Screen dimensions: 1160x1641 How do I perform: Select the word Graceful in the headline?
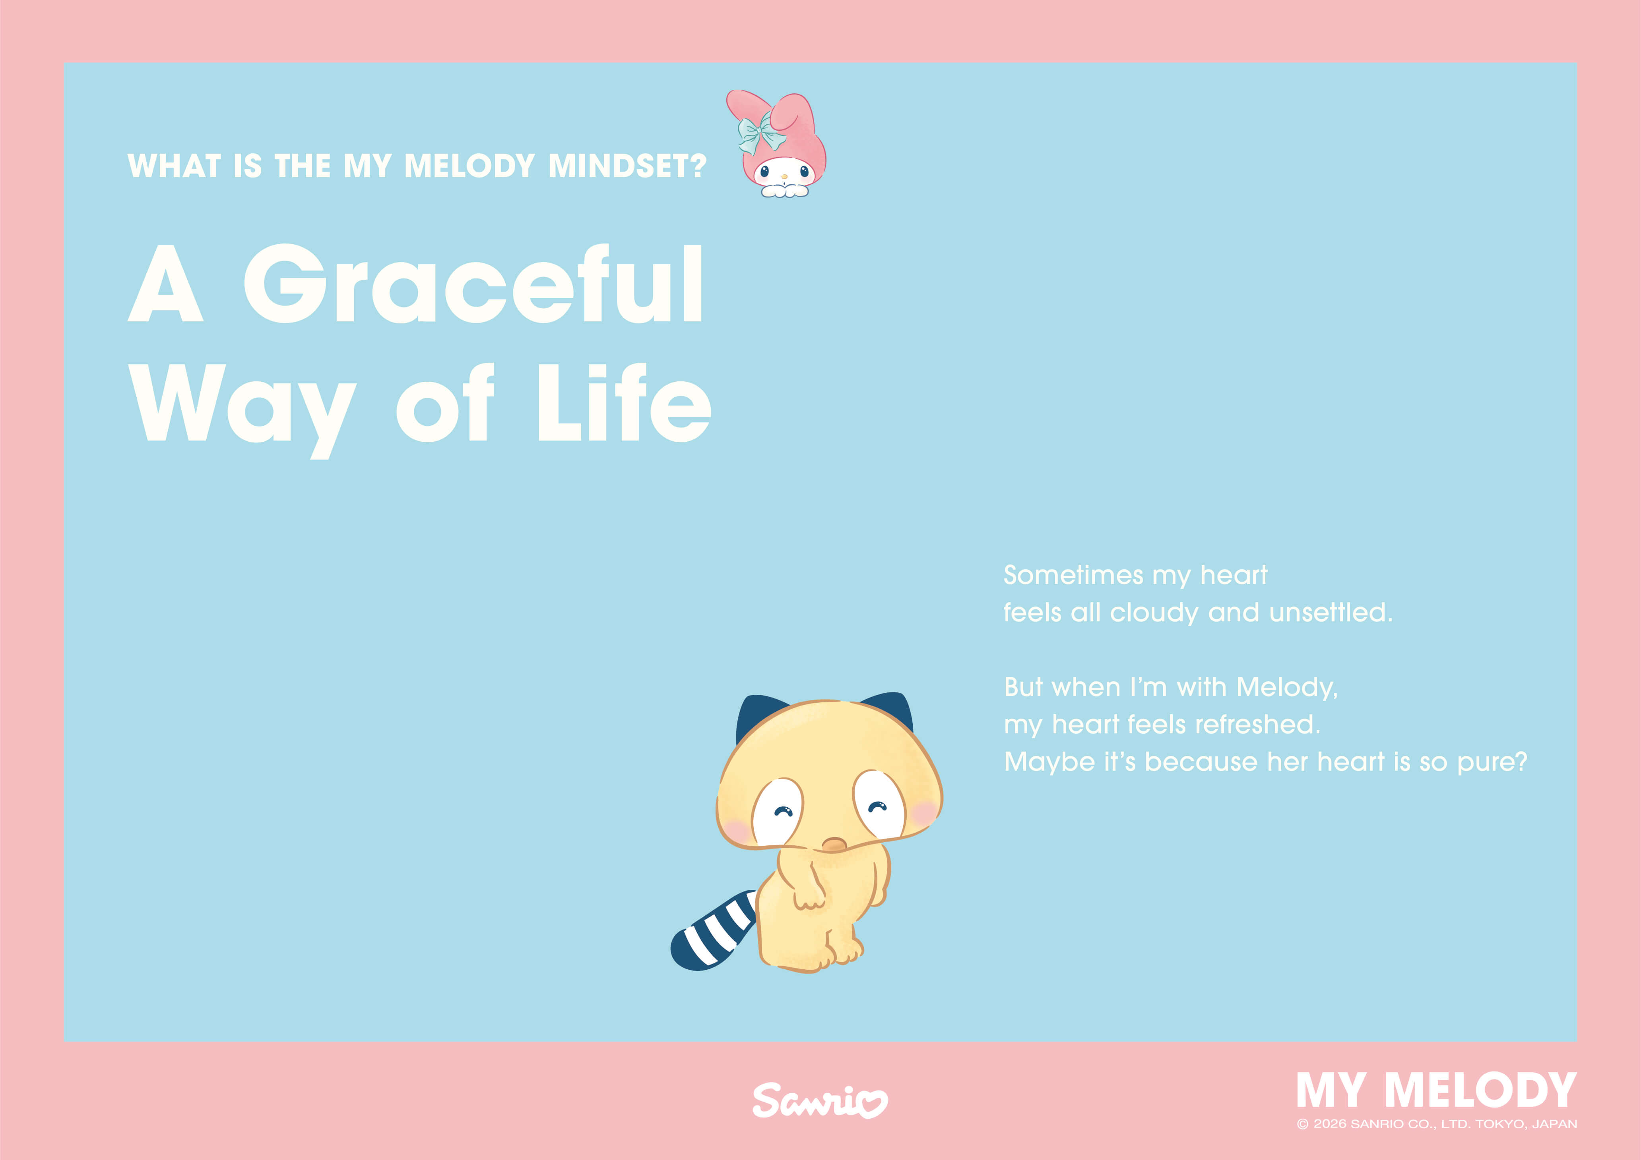click(x=473, y=284)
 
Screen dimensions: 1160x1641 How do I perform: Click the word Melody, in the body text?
click(x=1286, y=687)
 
